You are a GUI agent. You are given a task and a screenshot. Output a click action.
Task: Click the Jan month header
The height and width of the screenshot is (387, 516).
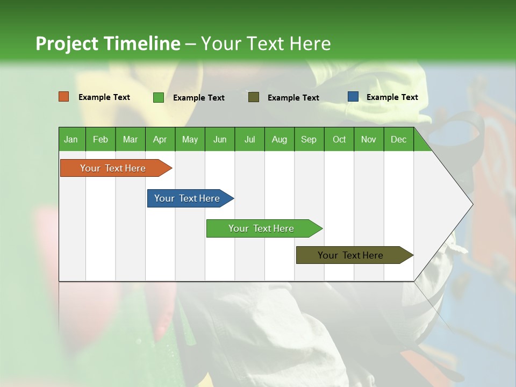(x=71, y=139)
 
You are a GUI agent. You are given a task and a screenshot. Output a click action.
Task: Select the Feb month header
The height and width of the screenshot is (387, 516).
(x=101, y=139)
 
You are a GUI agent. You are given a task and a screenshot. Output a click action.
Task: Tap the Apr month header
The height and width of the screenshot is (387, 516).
(x=160, y=139)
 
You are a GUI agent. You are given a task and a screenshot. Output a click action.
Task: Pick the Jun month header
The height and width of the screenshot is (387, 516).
(x=219, y=139)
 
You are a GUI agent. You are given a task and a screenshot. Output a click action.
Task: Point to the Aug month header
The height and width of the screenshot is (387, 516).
(x=279, y=139)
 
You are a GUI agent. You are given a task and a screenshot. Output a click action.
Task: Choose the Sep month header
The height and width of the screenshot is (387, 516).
(x=309, y=139)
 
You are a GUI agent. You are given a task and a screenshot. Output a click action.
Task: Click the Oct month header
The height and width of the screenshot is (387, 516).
(x=339, y=139)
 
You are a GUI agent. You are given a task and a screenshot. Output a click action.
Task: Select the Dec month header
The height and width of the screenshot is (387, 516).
(x=398, y=139)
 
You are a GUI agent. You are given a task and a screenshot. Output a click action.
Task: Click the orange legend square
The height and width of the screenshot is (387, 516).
(x=64, y=97)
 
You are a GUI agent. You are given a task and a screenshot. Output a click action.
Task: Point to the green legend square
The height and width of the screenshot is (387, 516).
(x=159, y=97)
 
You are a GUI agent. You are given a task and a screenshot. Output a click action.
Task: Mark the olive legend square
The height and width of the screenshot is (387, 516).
(x=254, y=97)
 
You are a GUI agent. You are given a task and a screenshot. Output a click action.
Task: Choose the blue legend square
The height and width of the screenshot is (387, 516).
(x=353, y=97)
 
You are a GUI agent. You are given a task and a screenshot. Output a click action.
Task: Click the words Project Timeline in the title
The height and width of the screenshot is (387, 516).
(x=107, y=44)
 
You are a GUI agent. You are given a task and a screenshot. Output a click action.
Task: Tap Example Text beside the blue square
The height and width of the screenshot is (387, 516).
(x=392, y=97)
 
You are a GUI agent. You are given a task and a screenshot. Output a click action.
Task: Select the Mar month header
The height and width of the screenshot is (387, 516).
(x=130, y=139)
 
